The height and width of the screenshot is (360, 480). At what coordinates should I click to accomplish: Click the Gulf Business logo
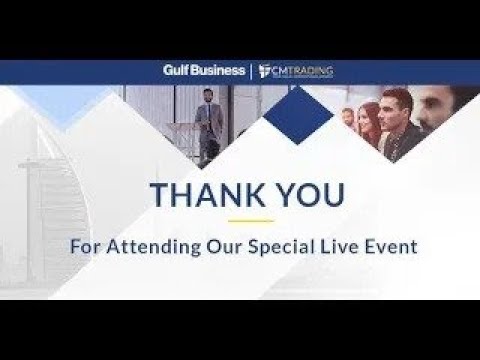tap(205, 71)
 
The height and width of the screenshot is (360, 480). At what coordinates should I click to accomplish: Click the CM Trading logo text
tap(306, 70)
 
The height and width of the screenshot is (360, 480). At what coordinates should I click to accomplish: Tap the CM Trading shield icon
tap(265, 71)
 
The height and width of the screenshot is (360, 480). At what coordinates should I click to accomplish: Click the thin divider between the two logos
tap(250, 71)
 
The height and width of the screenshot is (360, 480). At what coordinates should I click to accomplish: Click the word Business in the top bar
tap(221, 71)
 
